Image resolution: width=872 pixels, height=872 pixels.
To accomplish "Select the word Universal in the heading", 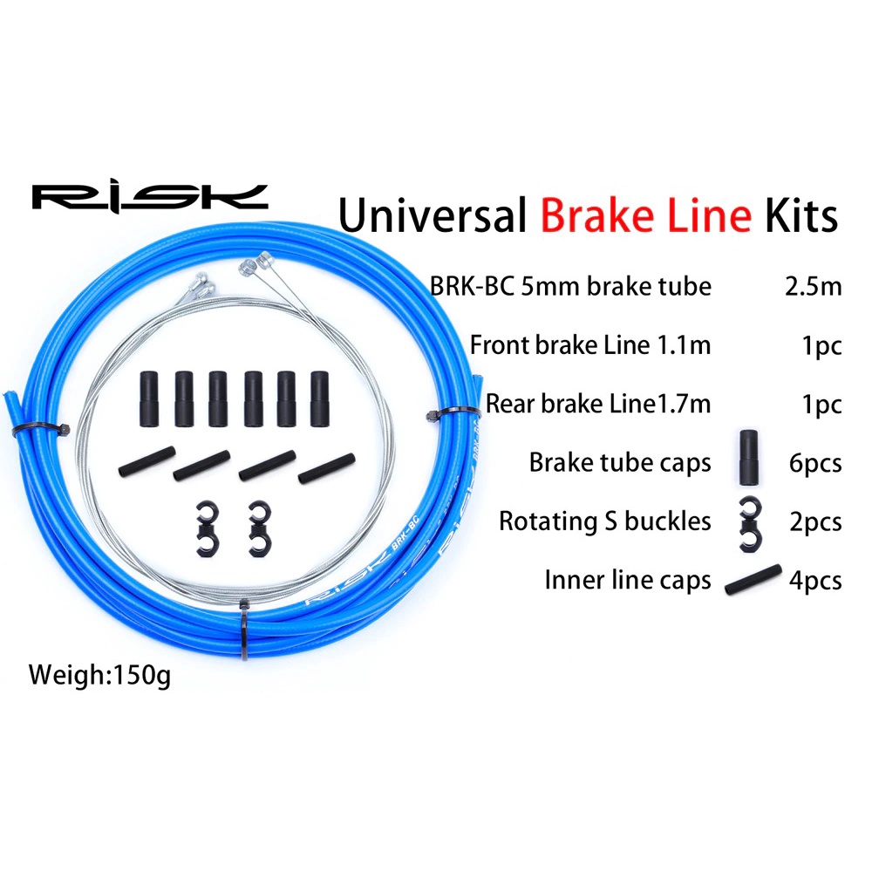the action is click(x=433, y=215).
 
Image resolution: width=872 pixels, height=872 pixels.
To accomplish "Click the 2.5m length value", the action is click(x=813, y=286).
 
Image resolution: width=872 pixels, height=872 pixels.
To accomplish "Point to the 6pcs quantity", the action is click(x=815, y=463).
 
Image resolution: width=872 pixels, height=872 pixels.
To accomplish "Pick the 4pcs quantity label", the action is click(x=815, y=581).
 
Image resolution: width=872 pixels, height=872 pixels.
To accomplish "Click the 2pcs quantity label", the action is click(x=815, y=522).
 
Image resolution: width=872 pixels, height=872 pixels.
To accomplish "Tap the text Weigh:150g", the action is click(x=99, y=676).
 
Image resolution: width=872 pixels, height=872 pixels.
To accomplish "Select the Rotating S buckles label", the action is click(x=605, y=521).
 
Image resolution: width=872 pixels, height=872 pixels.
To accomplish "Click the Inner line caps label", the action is click(x=628, y=581).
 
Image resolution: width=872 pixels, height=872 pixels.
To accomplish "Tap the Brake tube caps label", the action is click(x=620, y=463).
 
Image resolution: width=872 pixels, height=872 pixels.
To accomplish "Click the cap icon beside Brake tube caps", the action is click(x=748, y=457).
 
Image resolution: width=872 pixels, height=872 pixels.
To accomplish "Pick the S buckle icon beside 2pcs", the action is click(x=750, y=524).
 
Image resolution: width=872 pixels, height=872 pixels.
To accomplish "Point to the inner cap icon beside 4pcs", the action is click(x=753, y=580).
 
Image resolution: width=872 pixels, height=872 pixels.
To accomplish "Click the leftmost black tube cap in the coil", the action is click(x=149, y=399).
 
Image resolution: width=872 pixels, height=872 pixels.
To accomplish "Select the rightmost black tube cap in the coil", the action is click(x=320, y=399).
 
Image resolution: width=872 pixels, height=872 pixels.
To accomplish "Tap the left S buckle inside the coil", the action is click(x=207, y=529).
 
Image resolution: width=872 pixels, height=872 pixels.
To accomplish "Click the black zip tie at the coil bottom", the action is click(x=245, y=630).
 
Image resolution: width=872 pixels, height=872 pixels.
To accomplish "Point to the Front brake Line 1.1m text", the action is click(x=590, y=345).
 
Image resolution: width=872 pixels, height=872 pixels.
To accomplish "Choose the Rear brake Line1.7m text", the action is click(x=598, y=405).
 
